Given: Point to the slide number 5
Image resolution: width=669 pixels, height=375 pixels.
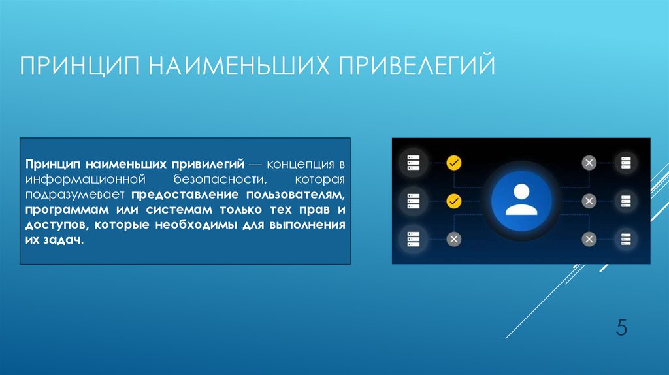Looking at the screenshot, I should pyautogui.click(x=621, y=327).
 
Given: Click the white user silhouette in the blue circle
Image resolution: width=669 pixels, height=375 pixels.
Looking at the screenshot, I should pyautogui.click(x=521, y=199).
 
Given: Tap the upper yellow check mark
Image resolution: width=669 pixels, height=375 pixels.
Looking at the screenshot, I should pyautogui.click(x=453, y=163).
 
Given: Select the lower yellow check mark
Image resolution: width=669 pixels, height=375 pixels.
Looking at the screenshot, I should pyautogui.click(x=453, y=201).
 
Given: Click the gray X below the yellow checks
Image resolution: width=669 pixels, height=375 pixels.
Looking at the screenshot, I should pyautogui.click(x=453, y=239).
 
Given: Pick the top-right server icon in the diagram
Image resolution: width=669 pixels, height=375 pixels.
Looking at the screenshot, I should pyautogui.click(x=626, y=163).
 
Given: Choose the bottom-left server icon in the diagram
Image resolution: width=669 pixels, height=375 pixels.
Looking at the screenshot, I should pyautogui.click(x=414, y=238).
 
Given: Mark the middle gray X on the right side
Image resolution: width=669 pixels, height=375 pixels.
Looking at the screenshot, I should pyautogui.click(x=589, y=201).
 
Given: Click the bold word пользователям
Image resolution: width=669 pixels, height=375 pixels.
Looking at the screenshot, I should pyautogui.click(x=299, y=195).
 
